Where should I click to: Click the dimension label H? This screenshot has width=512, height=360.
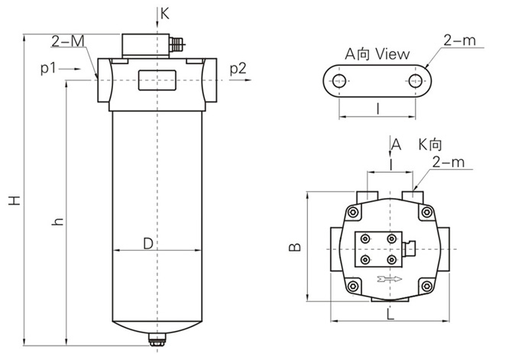14,201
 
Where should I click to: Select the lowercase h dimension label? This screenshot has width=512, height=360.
56,222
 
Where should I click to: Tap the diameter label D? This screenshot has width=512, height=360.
150,242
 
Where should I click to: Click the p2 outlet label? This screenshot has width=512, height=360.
238,70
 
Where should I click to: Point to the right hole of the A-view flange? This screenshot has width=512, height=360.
415,80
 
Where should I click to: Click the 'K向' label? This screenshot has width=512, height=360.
431,144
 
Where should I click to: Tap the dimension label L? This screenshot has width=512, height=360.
390,313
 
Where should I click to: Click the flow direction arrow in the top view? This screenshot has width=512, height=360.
390,279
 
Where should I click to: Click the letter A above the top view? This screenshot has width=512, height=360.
396,144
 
